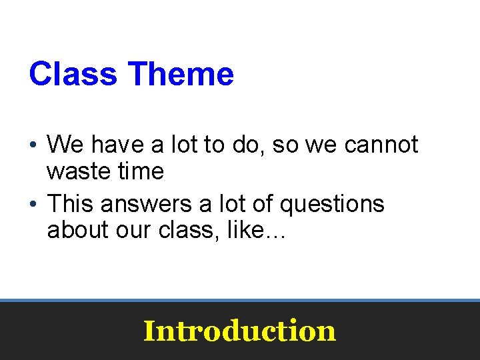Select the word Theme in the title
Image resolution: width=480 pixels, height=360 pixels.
pos(181,74)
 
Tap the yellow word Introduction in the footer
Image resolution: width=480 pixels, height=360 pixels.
pos(239,331)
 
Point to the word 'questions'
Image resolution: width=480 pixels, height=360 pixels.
pos(332,203)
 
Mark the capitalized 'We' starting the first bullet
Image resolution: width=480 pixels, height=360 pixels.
pos(65,145)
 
